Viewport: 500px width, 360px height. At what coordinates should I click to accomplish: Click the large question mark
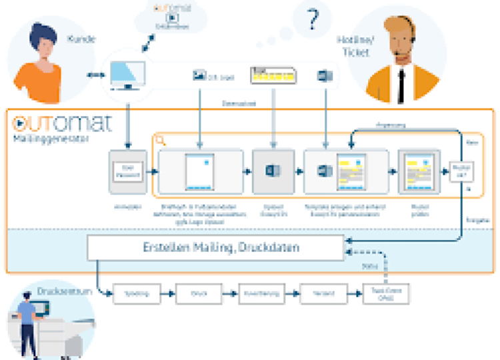click(311, 21)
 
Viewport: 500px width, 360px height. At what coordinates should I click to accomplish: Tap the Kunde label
click(82, 39)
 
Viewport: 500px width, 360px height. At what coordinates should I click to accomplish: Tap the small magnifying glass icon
click(161, 140)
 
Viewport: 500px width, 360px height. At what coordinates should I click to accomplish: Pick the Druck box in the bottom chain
click(199, 293)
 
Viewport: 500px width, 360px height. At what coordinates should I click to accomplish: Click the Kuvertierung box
click(262, 293)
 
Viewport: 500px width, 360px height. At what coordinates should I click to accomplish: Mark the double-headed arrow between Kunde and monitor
click(94, 75)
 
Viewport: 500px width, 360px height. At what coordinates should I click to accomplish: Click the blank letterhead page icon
click(198, 171)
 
